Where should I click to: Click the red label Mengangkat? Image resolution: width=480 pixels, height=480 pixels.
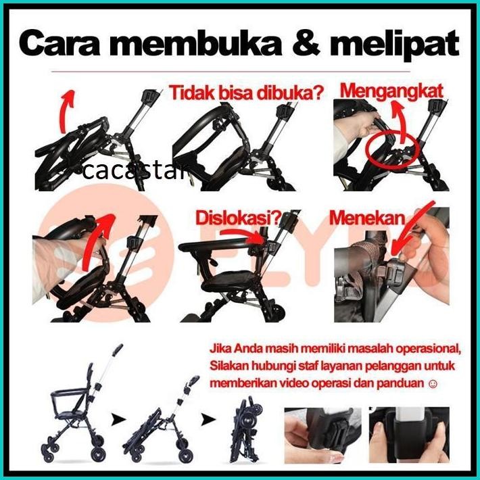point(391,90)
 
